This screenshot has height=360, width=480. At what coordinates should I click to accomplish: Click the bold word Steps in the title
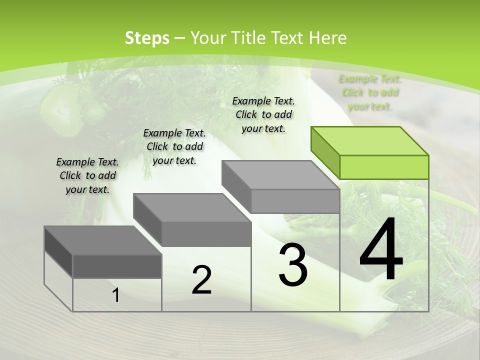click(x=147, y=38)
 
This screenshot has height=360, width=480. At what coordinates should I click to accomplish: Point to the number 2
click(x=201, y=280)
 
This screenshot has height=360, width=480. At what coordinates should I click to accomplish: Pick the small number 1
click(x=116, y=295)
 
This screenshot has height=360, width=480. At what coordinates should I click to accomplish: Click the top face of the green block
click(x=370, y=141)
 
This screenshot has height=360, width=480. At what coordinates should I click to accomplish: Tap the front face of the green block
click(x=384, y=167)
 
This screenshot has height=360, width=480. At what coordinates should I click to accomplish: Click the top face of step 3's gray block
click(x=280, y=175)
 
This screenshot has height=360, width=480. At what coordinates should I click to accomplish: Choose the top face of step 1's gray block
click(x=103, y=240)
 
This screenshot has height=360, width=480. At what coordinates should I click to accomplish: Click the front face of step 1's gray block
click(x=117, y=266)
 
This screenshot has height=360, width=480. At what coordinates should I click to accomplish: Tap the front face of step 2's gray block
click(x=206, y=234)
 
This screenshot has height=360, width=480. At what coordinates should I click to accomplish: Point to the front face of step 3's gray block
click(x=295, y=201)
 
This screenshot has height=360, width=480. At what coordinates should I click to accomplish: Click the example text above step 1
click(x=87, y=175)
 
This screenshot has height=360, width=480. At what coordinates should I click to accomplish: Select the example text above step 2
click(x=174, y=146)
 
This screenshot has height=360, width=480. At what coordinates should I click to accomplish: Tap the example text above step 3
click(x=263, y=114)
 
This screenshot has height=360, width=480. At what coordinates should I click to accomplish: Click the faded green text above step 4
click(x=370, y=92)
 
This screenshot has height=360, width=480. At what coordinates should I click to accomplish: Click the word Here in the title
click(x=327, y=38)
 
